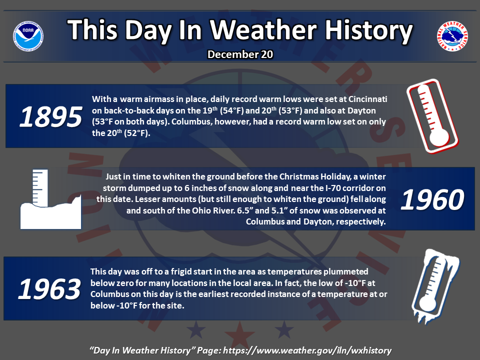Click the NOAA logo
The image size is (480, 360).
(28, 36)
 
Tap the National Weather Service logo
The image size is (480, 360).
(452, 36)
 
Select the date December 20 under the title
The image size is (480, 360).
(240, 54)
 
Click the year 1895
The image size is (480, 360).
(51, 117)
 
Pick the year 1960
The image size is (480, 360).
(432, 200)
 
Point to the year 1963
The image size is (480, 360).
(49, 289)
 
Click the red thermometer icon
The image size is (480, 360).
(432, 116)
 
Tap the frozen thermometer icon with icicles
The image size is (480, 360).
(435, 286)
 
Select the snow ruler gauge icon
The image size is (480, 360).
(51, 199)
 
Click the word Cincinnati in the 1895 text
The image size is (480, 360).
(368, 99)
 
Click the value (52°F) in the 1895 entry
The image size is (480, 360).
(137, 133)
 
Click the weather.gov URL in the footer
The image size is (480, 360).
(307, 350)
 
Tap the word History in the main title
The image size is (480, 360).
(368, 30)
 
